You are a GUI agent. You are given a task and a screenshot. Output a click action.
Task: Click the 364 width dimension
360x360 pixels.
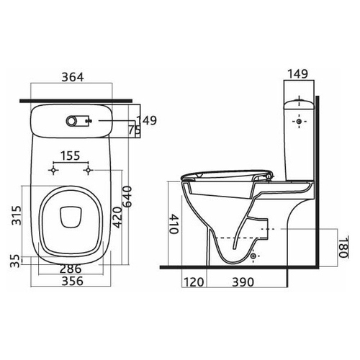point(73,77)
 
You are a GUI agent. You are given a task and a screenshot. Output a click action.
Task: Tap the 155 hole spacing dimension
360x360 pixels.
point(70,156)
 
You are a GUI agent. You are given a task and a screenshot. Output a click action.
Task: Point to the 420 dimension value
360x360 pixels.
point(117,217)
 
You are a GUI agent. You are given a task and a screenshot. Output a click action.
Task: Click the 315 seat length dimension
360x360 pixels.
point(17,215)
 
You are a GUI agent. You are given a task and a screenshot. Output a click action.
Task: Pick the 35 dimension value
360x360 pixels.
point(15,261)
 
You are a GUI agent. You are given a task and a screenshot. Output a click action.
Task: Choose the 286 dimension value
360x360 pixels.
point(71,269)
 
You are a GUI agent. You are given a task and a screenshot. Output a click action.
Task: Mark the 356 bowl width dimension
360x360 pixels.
point(73,282)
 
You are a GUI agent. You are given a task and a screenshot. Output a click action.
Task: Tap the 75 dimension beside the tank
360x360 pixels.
point(134,130)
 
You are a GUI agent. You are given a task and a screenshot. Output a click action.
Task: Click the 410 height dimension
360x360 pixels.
point(174,224)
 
